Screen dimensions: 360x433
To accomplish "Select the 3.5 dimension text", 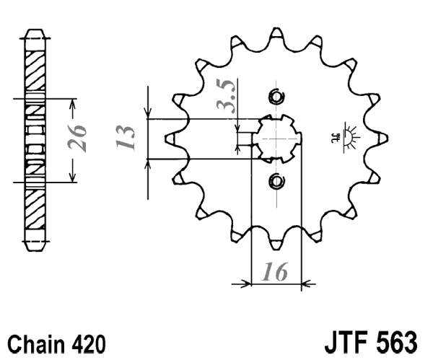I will click(227, 97).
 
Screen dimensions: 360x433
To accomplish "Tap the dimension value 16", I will click(275, 272).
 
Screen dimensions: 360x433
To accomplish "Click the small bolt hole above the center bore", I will click(276, 97).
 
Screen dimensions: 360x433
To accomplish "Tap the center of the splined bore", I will click(276, 138).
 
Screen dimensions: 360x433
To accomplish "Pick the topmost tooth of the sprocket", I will click(276, 35).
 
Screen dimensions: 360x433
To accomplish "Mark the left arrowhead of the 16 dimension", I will click(243, 284).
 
